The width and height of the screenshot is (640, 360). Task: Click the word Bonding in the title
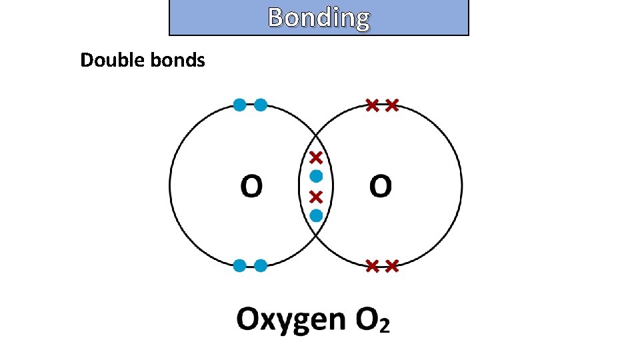[319, 18]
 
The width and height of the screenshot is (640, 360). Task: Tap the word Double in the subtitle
[105, 61]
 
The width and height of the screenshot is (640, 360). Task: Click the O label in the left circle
[251, 187]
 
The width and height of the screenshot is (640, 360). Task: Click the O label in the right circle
[381, 187]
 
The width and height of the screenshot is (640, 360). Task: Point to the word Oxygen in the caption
[291, 320]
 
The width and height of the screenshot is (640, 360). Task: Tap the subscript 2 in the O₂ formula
[383, 326]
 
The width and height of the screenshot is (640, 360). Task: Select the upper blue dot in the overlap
[316, 177]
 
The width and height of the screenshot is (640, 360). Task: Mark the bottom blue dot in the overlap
[316, 215]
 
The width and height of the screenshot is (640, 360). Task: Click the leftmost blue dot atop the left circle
[239, 105]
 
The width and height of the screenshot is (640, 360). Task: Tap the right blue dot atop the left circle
[261, 105]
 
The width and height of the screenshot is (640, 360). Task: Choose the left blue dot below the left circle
[239, 266]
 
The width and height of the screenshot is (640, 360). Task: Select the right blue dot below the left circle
[261, 266]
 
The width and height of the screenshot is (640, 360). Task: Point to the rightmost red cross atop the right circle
[392, 105]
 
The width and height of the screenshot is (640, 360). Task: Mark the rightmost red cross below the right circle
[392, 266]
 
